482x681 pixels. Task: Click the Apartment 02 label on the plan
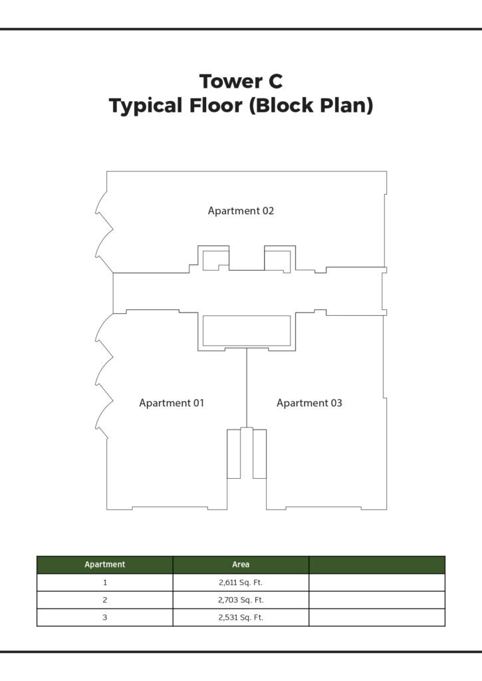pyautogui.click(x=241, y=211)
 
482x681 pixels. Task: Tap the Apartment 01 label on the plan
pyautogui.click(x=172, y=403)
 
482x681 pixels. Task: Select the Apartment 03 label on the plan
pyautogui.click(x=309, y=403)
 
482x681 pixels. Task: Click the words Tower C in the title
pyautogui.click(x=241, y=81)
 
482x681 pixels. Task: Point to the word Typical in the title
pyautogui.click(x=146, y=106)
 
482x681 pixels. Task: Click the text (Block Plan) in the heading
pyautogui.click(x=311, y=106)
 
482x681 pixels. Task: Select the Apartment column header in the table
pyautogui.click(x=104, y=565)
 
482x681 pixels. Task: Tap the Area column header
pyautogui.click(x=241, y=565)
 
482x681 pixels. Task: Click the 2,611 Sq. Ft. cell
pyautogui.click(x=241, y=583)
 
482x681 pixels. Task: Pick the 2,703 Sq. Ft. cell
pyautogui.click(x=241, y=600)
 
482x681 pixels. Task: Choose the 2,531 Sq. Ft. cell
pyautogui.click(x=241, y=617)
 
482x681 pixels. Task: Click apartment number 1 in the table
pyautogui.click(x=104, y=583)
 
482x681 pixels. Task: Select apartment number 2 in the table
pyautogui.click(x=104, y=600)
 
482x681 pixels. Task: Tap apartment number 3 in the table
pyautogui.click(x=104, y=617)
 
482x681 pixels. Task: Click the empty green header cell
pyautogui.click(x=377, y=565)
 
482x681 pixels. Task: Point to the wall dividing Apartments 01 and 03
pyautogui.click(x=247, y=388)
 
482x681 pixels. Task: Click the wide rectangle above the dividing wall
pyautogui.click(x=247, y=331)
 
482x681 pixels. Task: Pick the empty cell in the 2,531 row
pyautogui.click(x=377, y=617)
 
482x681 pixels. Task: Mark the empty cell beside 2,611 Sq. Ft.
pyautogui.click(x=377, y=583)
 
